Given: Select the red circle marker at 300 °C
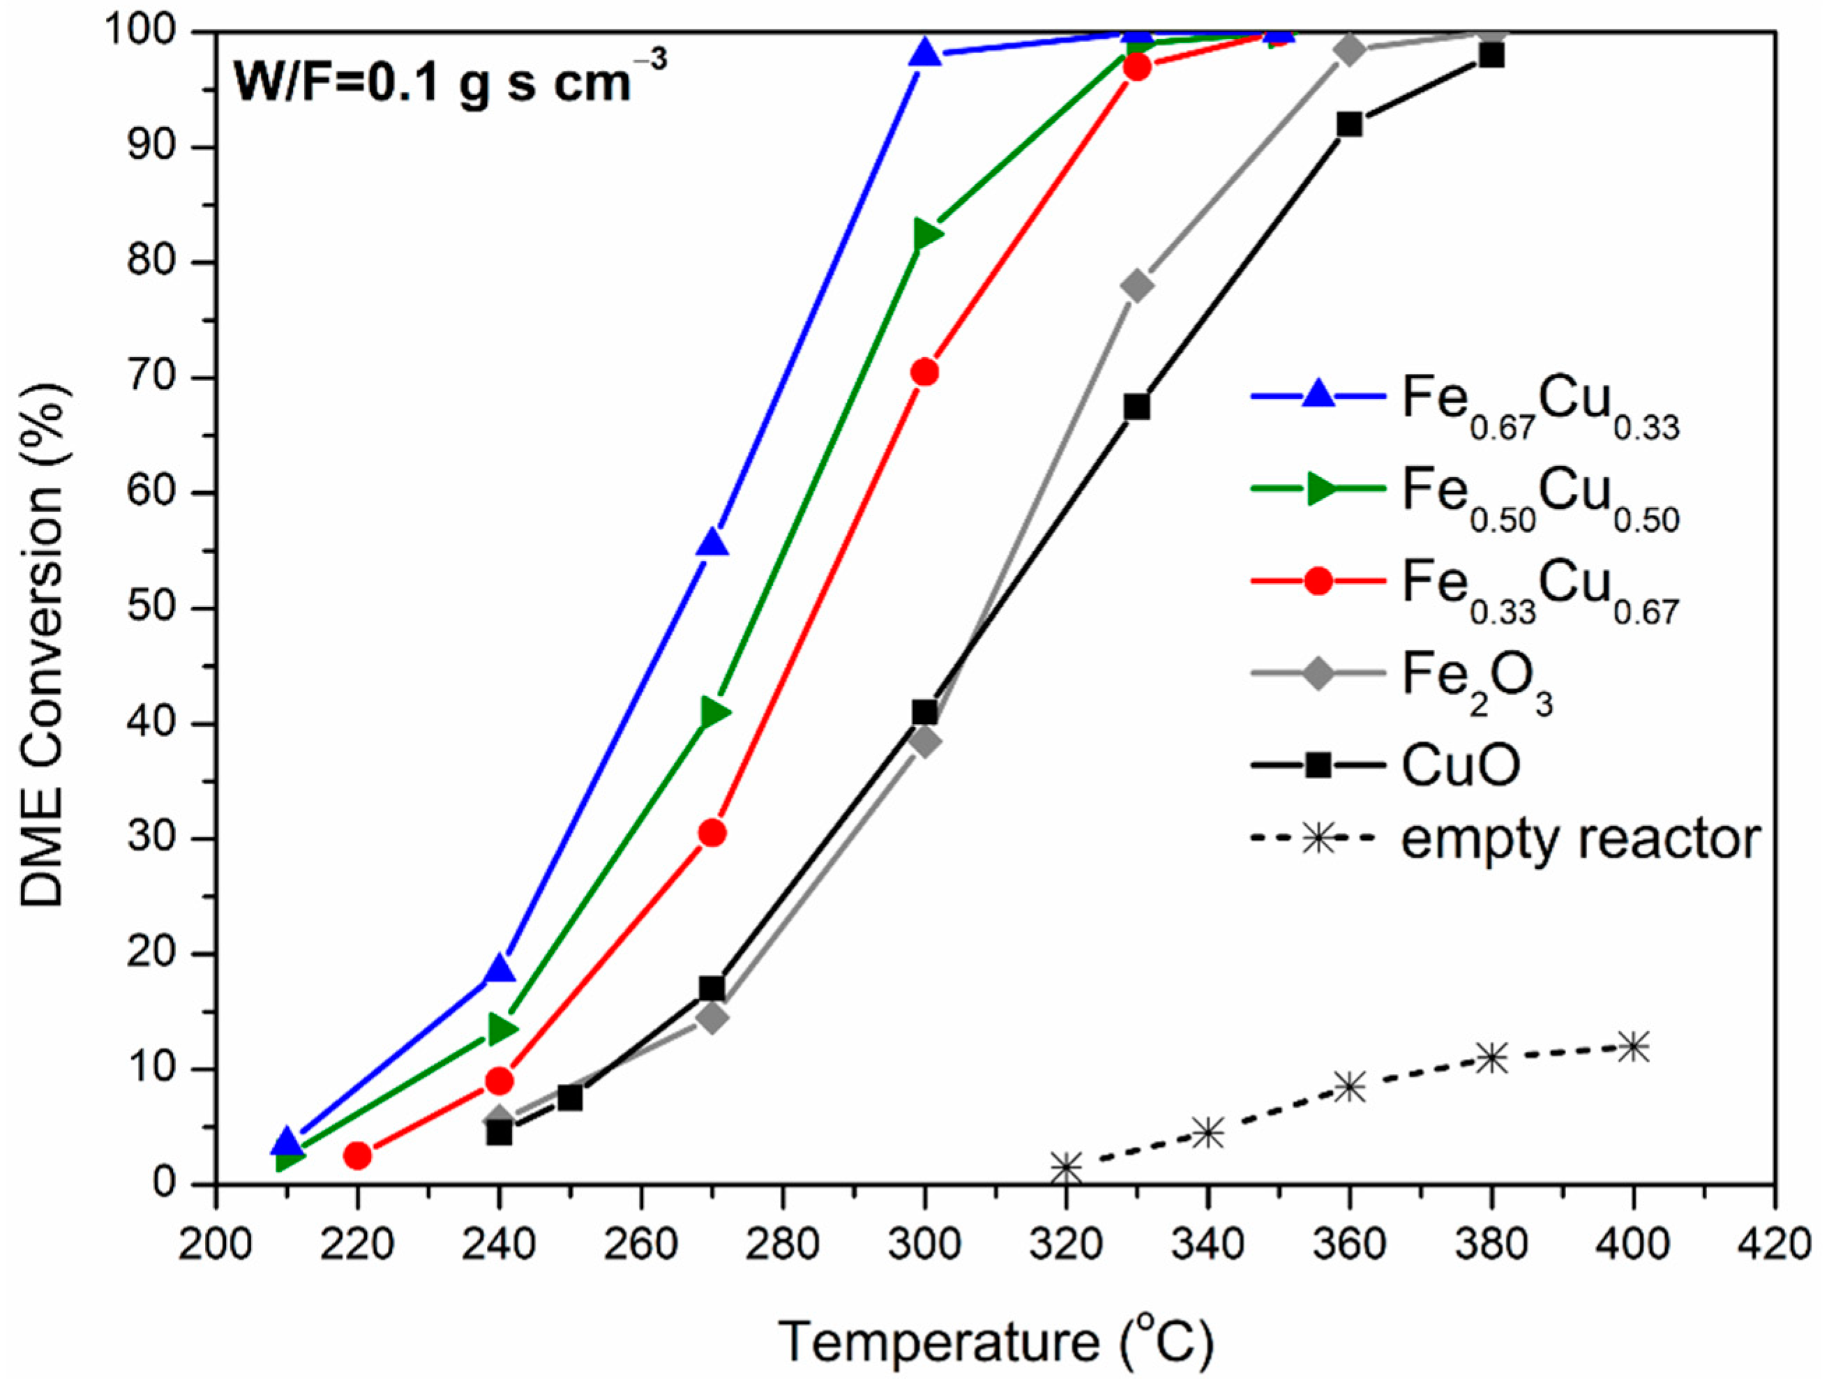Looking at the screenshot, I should (925, 372).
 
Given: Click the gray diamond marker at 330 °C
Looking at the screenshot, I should (1137, 286).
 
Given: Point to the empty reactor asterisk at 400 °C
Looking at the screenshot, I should (1634, 1046).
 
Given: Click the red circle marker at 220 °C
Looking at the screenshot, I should (357, 1155).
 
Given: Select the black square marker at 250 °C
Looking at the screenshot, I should (570, 1098).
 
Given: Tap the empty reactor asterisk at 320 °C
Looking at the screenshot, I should (1067, 1168).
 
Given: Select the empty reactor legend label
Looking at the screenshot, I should (1581, 839).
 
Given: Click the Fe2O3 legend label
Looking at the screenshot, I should (1476, 677).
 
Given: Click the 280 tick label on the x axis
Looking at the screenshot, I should (782, 1244).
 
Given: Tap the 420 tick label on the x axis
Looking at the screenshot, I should (1775, 1244).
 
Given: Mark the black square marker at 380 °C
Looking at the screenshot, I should (1492, 56).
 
